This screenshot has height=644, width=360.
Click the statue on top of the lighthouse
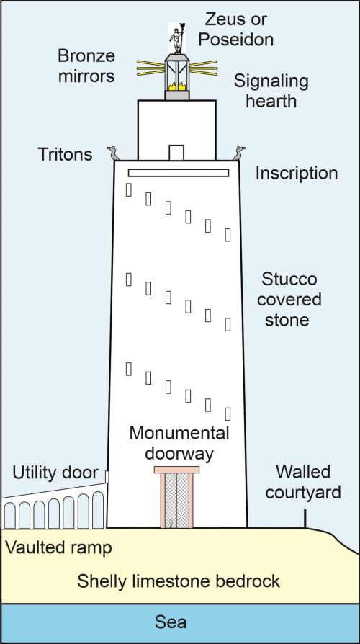[177, 38]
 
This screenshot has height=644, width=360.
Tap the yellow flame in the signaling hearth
[177, 86]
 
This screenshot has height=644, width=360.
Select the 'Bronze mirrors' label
[86, 66]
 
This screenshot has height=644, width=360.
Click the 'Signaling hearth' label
[271, 91]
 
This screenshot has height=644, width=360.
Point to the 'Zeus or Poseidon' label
[238, 29]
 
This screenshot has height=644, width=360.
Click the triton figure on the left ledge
[113, 153]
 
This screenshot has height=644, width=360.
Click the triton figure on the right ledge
[239, 153]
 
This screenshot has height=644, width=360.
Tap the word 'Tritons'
[66, 154]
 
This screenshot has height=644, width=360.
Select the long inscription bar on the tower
[178, 173]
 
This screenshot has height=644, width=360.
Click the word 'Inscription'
[297, 174]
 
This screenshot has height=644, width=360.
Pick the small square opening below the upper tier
[176, 153]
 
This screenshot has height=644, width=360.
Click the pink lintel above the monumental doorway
[176, 470]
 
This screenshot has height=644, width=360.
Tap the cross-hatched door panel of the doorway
[177, 500]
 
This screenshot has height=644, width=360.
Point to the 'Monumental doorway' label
[179, 444]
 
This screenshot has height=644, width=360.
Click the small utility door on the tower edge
[107, 476]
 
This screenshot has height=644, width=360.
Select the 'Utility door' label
[55, 473]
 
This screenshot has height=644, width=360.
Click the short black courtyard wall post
[305, 519]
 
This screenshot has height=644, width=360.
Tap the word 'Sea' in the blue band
[171, 622]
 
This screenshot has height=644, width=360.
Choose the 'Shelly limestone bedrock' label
[179, 581]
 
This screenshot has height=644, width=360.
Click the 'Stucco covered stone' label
[289, 300]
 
